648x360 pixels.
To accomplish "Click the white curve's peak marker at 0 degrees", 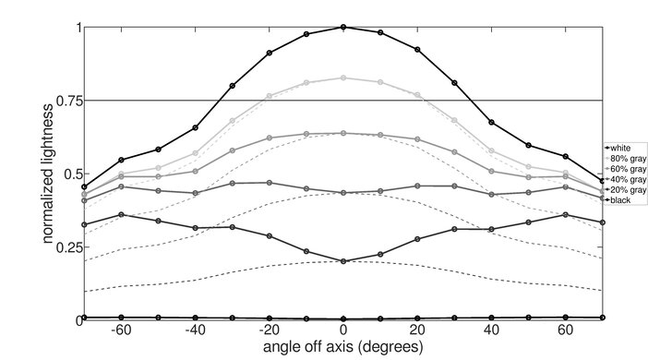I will tap(343, 27).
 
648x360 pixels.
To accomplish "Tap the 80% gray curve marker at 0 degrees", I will tap(343, 78).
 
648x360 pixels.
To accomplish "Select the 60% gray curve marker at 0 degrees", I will tap(343, 133).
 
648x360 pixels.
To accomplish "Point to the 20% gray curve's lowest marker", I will tap(343, 261).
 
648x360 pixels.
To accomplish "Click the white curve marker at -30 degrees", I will tap(232, 86).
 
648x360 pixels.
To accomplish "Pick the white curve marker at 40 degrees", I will tap(491, 122).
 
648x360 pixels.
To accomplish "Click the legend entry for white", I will tap(621, 148).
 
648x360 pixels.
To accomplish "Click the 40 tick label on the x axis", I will tap(491, 330).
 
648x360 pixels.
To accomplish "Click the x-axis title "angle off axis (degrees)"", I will tap(343, 348).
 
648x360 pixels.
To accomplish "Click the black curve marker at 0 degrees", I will tap(343, 318).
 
